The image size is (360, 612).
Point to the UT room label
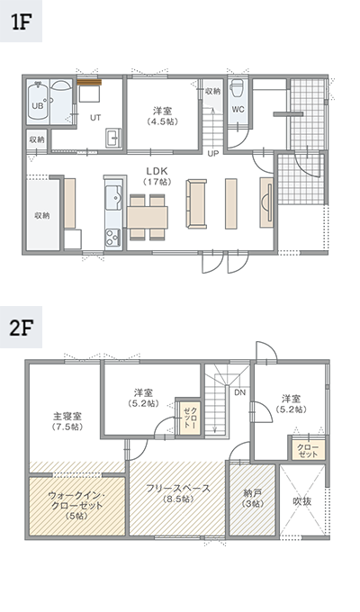point(95,118)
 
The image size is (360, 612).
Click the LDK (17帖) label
point(157,176)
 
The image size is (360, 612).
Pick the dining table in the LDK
point(148,218)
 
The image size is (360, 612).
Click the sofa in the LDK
point(196,203)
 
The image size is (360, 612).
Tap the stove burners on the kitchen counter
point(112,236)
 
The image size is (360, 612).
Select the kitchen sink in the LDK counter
point(113,196)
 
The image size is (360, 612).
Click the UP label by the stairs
point(212,153)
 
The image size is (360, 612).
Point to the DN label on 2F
point(239,392)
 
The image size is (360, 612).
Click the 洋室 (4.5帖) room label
point(162,116)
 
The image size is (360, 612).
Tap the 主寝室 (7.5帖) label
point(67,421)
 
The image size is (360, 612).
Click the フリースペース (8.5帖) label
point(177,493)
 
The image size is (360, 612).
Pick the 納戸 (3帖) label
point(253,499)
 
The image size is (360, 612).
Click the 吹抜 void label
point(302,501)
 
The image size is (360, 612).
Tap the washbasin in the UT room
point(113,138)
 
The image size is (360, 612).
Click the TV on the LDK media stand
point(268,203)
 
